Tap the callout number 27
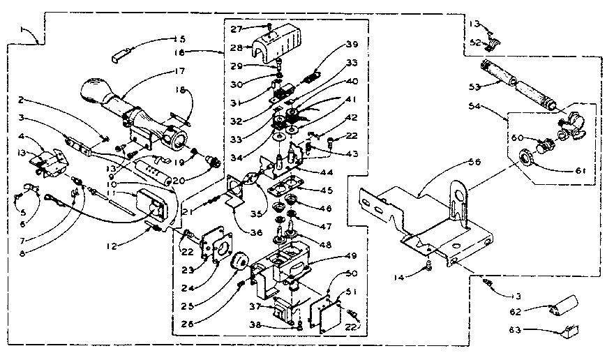coord(236,29)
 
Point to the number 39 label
coord(352,45)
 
